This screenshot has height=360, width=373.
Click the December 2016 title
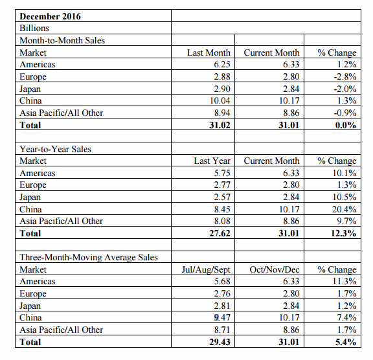[x=50, y=16]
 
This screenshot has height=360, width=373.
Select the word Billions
[x=34, y=28]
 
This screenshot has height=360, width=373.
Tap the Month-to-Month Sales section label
[x=62, y=40]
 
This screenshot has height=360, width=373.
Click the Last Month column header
[x=209, y=52]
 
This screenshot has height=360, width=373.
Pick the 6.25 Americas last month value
[x=222, y=65]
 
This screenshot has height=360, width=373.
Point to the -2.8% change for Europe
[x=345, y=76]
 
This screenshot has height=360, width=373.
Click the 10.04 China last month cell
[x=220, y=100]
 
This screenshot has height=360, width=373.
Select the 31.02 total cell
[x=220, y=125]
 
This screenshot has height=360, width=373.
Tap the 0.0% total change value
[x=346, y=125]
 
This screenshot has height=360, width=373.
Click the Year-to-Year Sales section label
[x=56, y=149]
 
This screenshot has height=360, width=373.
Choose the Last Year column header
[x=212, y=161]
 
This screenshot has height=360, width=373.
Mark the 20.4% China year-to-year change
[x=345, y=209]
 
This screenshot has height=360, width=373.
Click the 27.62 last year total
[x=220, y=233]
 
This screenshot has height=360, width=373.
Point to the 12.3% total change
[x=343, y=233]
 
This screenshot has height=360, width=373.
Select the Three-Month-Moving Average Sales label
[x=89, y=257]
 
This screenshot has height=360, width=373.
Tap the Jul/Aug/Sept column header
[x=206, y=269]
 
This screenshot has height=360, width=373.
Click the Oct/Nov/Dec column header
[x=275, y=269]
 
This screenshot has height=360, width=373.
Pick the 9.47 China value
[x=222, y=318]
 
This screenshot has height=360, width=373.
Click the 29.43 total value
[x=220, y=342]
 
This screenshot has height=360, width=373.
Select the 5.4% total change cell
[x=346, y=342]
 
